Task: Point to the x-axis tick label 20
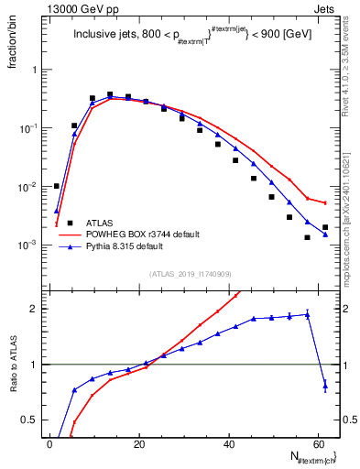coord(138,444)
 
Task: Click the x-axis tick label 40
coord(227,444)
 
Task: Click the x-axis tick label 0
coord(49,444)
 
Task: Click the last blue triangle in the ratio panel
coord(325,387)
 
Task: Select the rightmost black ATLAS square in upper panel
coord(325,227)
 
